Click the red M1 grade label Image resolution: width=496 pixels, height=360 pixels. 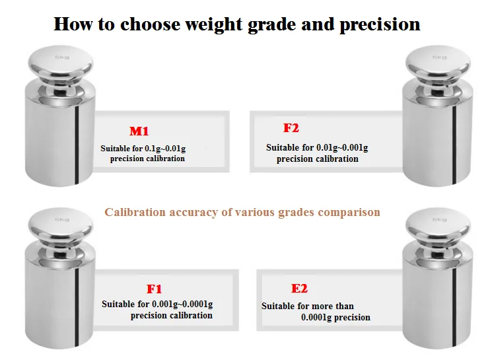click(143, 131)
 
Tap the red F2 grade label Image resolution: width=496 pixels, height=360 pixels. click(291, 128)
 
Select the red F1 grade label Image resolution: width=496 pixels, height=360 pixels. click(154, 289)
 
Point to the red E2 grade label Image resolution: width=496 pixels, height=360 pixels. click(299, 288)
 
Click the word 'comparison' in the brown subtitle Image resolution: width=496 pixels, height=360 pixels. click(349, 212)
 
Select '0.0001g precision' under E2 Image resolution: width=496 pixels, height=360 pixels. click(336, 317)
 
